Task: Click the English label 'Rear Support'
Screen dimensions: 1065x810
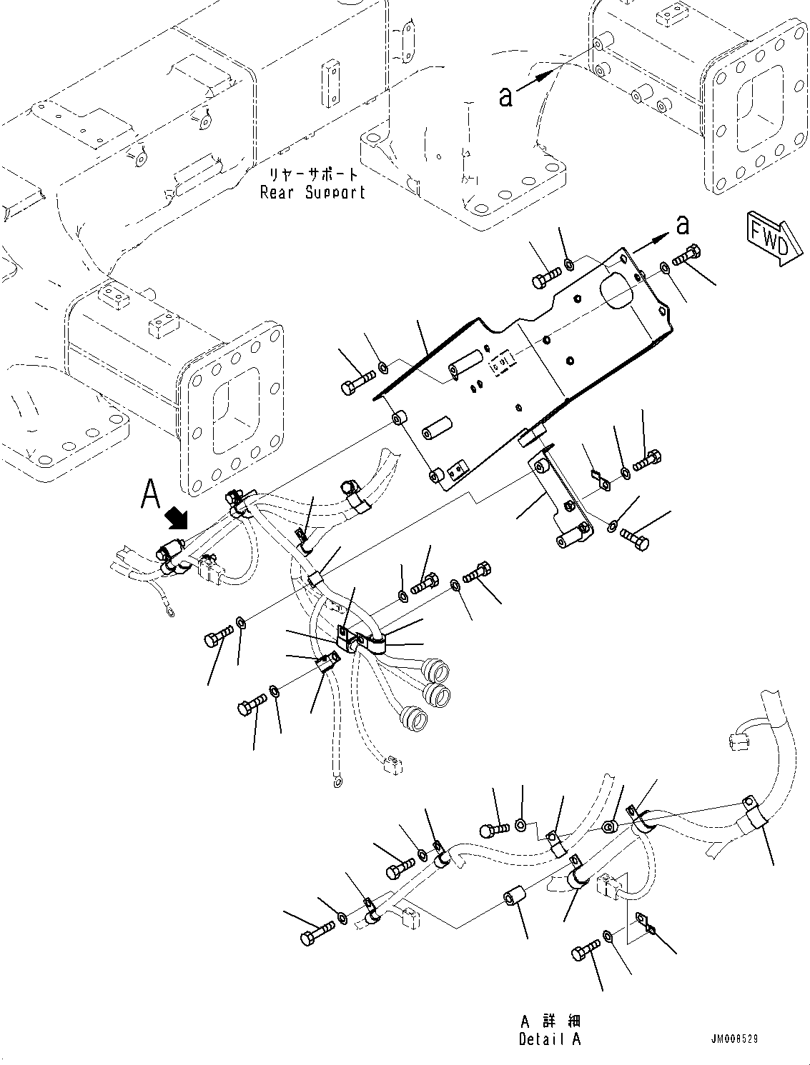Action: [312, 193]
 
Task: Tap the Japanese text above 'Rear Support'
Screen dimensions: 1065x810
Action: [312, 174]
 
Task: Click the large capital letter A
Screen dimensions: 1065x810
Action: [150, 494]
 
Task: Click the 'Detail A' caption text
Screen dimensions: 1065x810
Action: [550, 1039]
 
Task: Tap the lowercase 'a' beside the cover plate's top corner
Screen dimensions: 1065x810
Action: [683, 225]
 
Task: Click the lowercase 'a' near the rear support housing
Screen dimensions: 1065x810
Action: [505, 96]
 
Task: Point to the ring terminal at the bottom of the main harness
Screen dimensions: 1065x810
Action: [337, 784]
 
